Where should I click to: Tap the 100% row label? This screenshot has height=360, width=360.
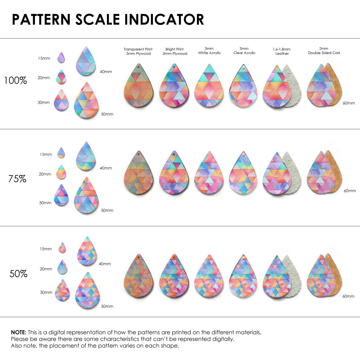tap(15, 81)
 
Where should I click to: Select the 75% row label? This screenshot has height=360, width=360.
tap(17, 179)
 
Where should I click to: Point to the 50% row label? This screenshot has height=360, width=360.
tap(18, 274)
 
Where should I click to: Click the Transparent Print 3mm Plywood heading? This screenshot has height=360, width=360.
tap(138, 51)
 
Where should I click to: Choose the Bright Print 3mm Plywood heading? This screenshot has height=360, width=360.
tap(175, 51)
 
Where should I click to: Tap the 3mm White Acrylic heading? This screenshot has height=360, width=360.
tap(209, 51)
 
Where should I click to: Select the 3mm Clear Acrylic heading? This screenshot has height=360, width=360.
tap(244, 51)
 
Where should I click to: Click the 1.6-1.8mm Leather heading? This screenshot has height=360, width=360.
tap(282, 51)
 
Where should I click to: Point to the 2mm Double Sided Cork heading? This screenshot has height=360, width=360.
tap(324, 51)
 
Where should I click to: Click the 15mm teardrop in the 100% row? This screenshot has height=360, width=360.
tap(61, 58)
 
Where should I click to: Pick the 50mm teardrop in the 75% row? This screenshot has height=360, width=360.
tap(86, 198)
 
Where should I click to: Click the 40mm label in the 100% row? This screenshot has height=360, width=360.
tap(106, 72)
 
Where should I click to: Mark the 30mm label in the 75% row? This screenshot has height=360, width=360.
tap(45, 203)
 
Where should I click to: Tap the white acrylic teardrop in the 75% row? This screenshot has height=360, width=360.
tap(209, 174)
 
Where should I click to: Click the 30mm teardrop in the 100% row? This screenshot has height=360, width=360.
tap(61, 100)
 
